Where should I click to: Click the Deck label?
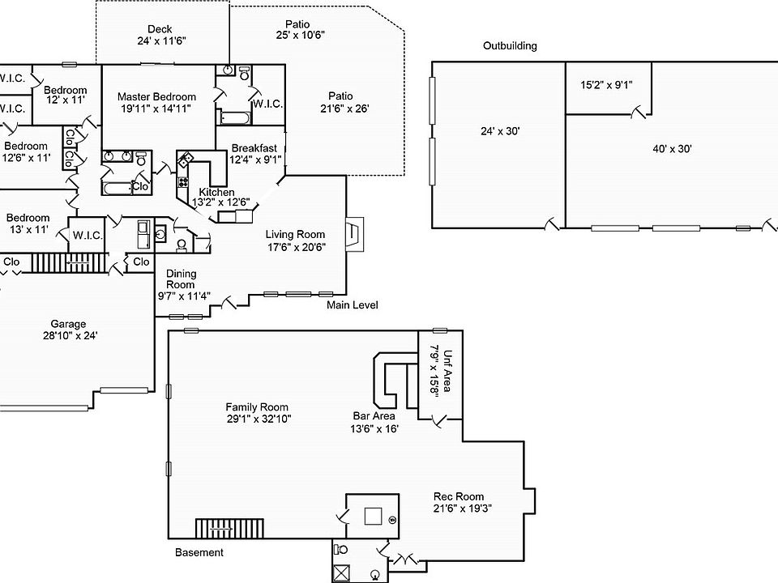pyautogui.click(x=159, y=29)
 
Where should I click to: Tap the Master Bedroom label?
pyautogui.click(x=156, y=96)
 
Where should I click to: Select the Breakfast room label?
pyautogui.click(x=254, y=148)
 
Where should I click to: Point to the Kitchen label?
pyautogui.click(x=216, y=192)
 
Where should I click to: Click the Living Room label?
pyautogui.click(x=296, y=235)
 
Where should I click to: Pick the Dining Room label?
pyautogui.click(x=181, y=279)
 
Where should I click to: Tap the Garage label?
pyautogui.click(x=68, y=324)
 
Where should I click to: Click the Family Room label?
pyautogui.click(x=257, y=407)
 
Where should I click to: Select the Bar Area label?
pyautogui.click(x=373, y=416)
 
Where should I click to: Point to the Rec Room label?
pyautogui.click(x=459, y=497)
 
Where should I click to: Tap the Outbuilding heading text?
pyautogui.click(x=510, y=46)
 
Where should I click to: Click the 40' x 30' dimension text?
pyautogui.click(x=672, y=148)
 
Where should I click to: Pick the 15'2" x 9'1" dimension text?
pyautogui.click(x=606, y=84)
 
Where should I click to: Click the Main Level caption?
pyautogui.click(x=352, y=305)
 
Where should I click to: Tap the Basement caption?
pyautogui.click(x=199, y=553)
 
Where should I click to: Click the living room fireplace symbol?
pyautogui.click(x=354, y=235)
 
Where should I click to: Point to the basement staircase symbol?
pyautogui.click(x=218, y=529)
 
